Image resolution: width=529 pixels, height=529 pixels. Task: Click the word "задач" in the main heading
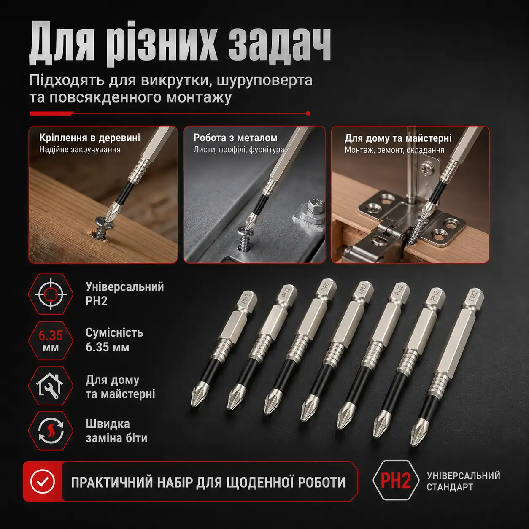pos(280,45)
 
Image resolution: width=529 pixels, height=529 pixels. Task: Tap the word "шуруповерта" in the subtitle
pos(264,80)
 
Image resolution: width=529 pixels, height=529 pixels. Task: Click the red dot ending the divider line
pos(308,113)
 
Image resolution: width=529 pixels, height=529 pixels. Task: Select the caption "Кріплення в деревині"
pos(90,138)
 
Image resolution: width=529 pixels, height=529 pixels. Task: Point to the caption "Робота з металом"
pos(235,138)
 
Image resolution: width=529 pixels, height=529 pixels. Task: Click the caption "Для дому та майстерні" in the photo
pos(398,138)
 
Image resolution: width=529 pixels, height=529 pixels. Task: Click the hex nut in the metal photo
pos(313,206)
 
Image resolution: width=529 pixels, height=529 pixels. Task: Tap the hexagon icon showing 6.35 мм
pos(51,340)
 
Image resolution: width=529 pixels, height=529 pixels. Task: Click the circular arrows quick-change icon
pos(51,431)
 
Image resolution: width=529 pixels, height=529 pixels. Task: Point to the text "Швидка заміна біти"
pos(117,431)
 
